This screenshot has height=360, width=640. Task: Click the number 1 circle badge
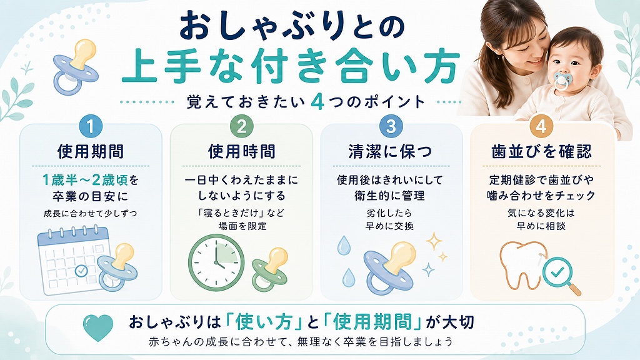tap(91, 126)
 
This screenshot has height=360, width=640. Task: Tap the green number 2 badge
tap(242, 126)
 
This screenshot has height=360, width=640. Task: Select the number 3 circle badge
tap(391, 126)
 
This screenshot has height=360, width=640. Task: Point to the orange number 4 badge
tap(541, 126)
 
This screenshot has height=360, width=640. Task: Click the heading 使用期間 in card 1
tap(91, 152)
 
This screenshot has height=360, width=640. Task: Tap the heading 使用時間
tap(242, 152)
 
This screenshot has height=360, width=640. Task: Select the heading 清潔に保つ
tap(391, 152)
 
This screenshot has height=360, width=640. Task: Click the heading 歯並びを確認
tap(541, 152)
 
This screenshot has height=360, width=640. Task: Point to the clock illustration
tap(216, 262)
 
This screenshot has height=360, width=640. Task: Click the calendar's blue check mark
tap(82, 270)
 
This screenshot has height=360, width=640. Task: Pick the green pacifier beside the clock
tap(269, 269)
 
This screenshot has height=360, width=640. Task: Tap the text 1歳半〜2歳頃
tap(85, 179)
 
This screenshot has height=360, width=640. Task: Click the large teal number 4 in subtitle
tap(317, 102)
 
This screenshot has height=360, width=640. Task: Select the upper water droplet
tap(344, 245)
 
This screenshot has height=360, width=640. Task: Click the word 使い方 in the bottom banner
tap(262, 322)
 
